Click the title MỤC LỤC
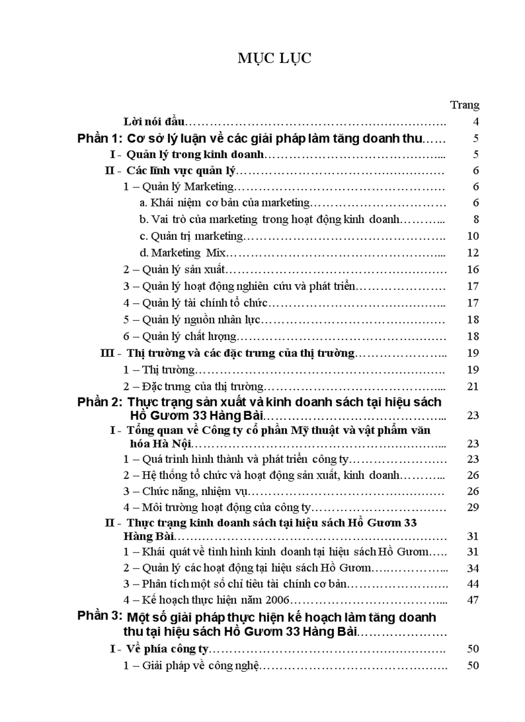tap(274, 59)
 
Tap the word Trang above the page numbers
tap(465, 105)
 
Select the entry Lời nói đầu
tap(154, 122)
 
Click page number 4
tap(475, 122)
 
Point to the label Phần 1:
tap(98, 138)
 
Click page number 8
tap(475, 219)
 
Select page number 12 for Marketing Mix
tap(473, 253)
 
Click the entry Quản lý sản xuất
tap(174, 270)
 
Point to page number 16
tap(473, 270)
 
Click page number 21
tap(473, 386)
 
